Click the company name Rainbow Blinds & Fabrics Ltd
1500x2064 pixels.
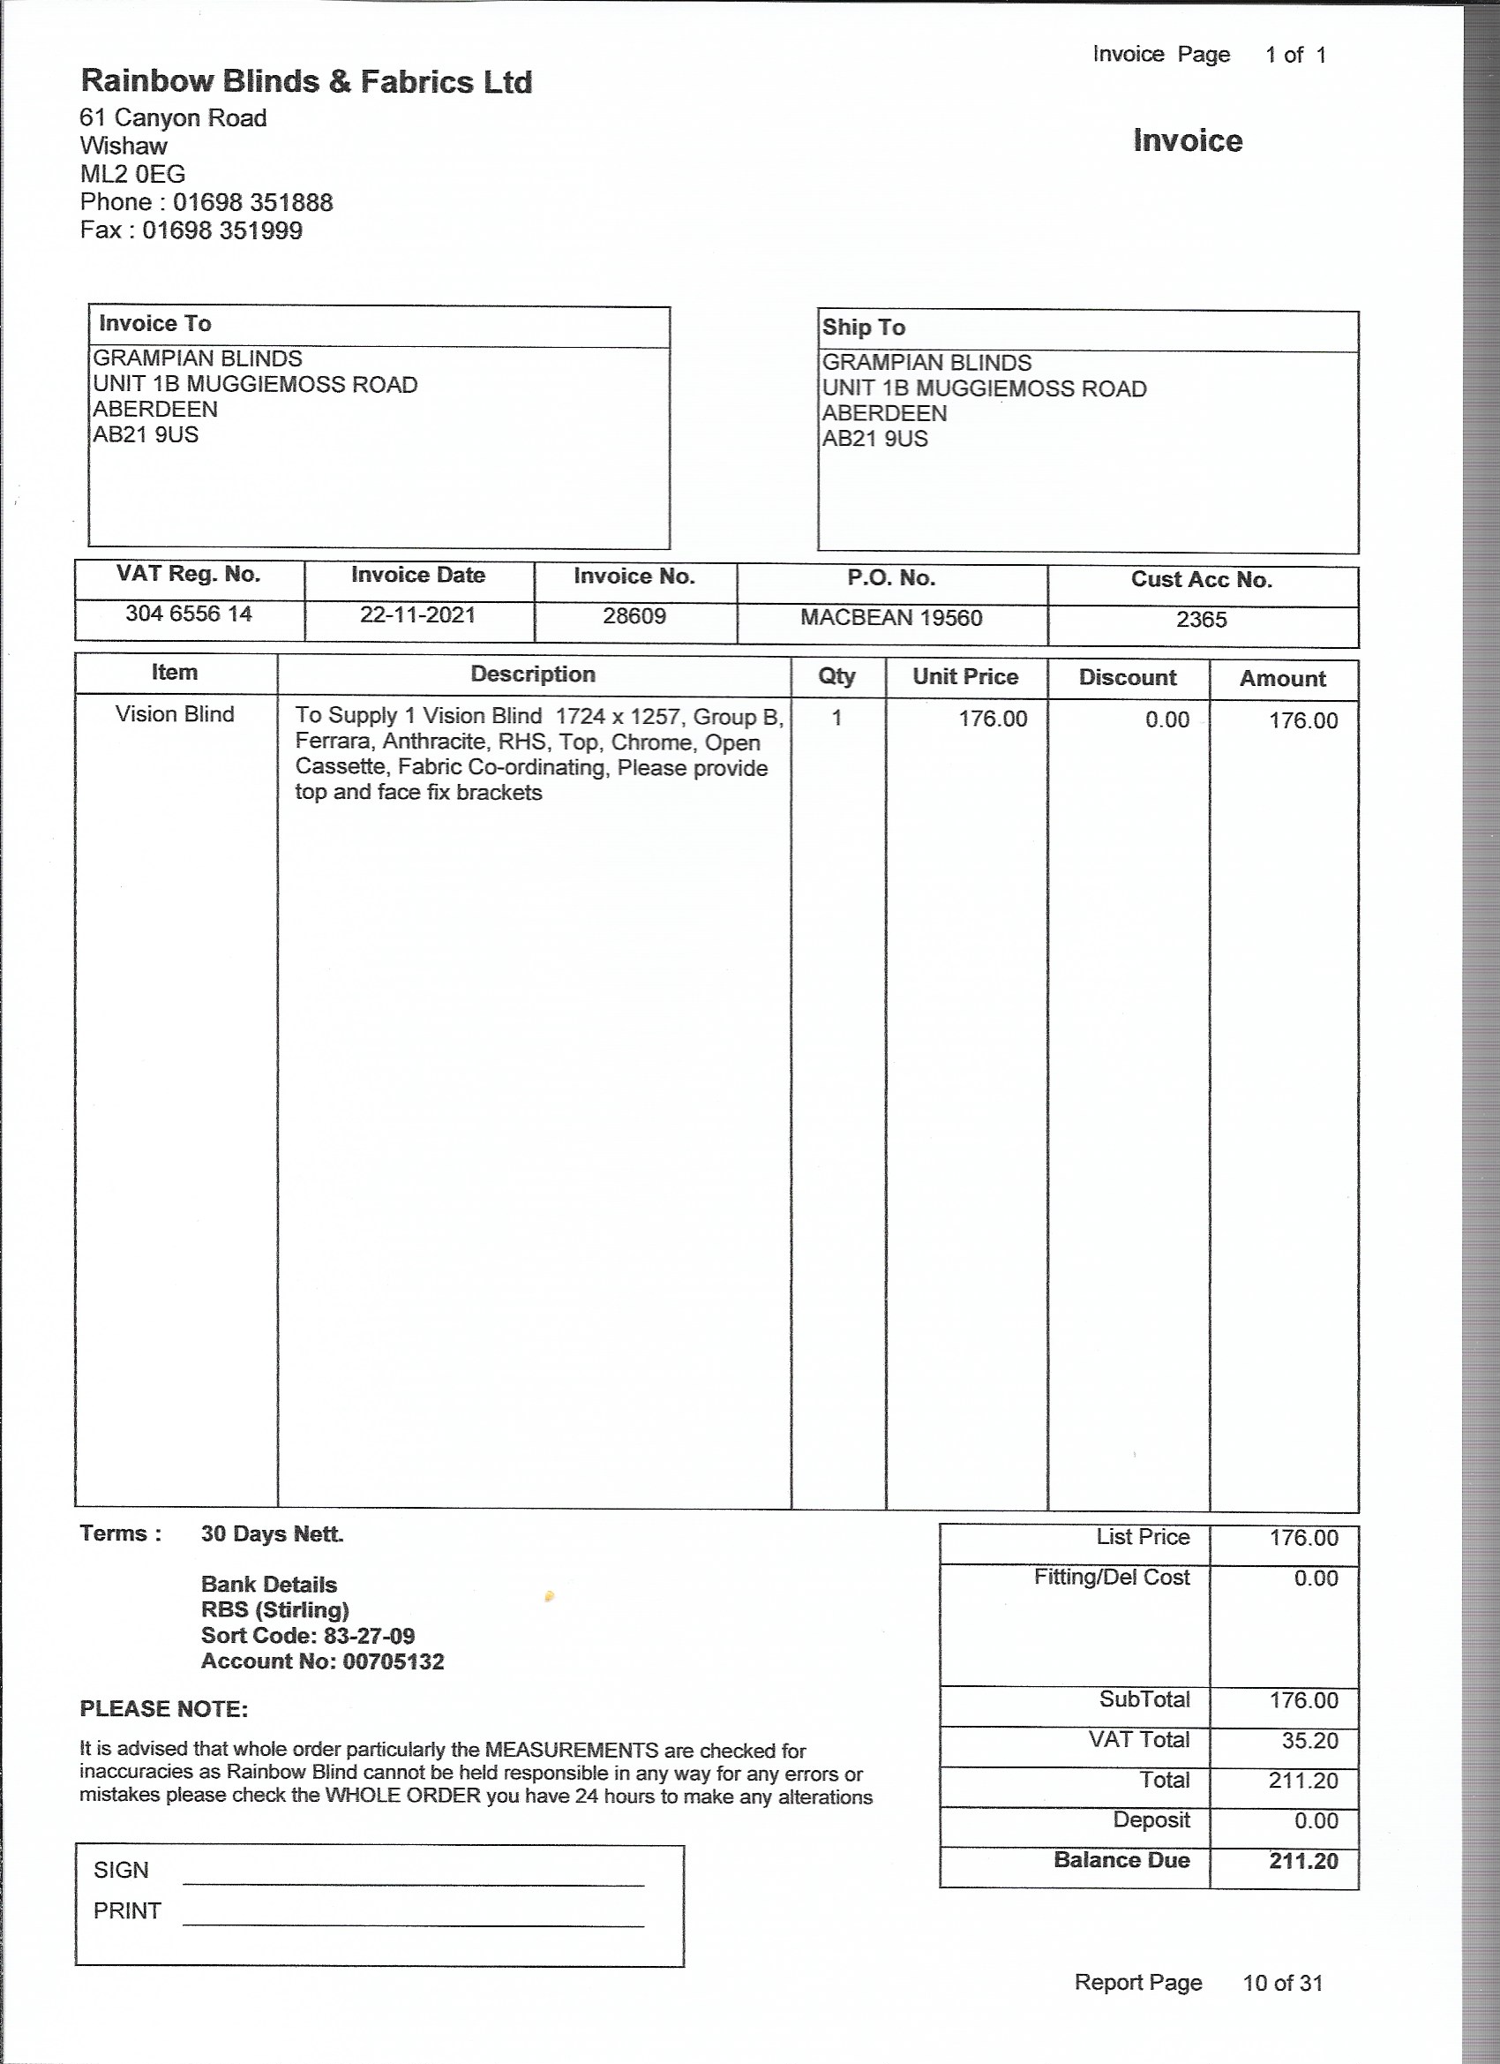pos(305,82)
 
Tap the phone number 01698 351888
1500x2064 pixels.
pos(253,202)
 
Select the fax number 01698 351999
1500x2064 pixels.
pos(222,230)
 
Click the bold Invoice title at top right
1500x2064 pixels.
pos(1187,140)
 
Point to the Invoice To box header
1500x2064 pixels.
pos(154,324)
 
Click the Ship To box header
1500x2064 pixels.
pos(863,328)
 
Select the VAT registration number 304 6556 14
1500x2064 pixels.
pos(188,614)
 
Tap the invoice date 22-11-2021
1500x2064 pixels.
pos(417,615)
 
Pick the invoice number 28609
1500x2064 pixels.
pos(634,617)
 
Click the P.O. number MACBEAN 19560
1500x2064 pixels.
pos(890,619)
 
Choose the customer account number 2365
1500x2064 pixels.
pos(1201,621)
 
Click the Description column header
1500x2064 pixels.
pos(533,674)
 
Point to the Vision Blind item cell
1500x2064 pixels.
pos(175,714)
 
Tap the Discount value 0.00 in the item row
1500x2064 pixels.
pos(1167,720)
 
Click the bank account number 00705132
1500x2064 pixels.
pos(393,1661)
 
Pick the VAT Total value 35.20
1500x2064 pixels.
pos(1310,1741)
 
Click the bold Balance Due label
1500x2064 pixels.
pos(1121,1860)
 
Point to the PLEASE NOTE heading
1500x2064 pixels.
pos(164,1709)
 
